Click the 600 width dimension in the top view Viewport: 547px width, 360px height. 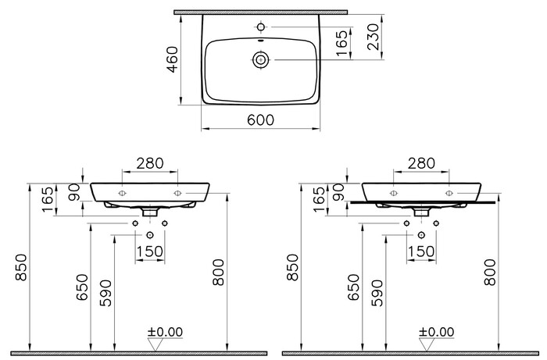pyautogui.click(x=260, y=120)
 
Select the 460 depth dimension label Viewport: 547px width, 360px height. pyautogui.click(x=173, y=59)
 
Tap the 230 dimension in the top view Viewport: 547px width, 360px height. pyautogui.click(x=373, y=37)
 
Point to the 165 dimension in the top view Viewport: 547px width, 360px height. pyautogui.click(x=342, y=43)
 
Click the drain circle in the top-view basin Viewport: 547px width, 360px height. pyautogui.click(x=260, y=60)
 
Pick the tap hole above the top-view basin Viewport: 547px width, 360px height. pyautogui.click(x=261, y=27)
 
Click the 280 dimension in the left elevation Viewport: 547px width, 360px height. pyautogui.click(x=150, y=163)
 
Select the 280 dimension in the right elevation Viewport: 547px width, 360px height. pyautogui.click(x=421, y=163)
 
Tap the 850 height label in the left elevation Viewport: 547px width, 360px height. pyautogui.click(x=21, y=267)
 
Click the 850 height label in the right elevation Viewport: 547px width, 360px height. pyautogui.click(x=293, y=267)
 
